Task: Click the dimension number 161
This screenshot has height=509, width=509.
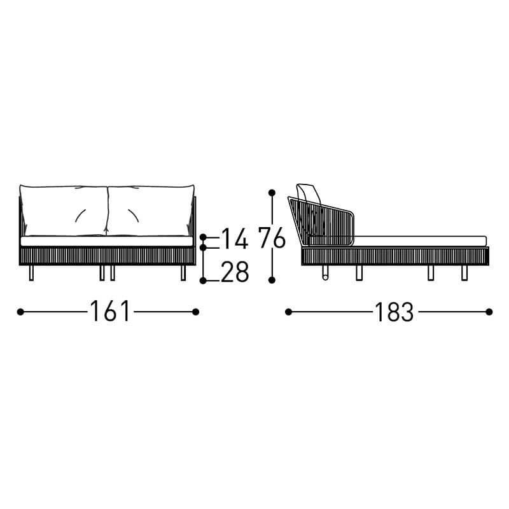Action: pos(110,311)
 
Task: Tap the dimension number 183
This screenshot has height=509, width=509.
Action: pos(394,312)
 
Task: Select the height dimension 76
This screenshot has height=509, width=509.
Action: pos(272,237)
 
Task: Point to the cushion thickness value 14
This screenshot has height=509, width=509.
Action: pos(235,239)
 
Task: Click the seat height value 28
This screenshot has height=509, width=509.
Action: pos(235,272)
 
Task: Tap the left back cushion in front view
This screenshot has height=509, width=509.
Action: pos(64,211)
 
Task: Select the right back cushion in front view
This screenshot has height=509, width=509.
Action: pos(151,211)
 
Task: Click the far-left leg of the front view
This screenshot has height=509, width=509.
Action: pos(31,273)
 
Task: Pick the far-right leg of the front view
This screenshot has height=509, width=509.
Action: pos(183,273)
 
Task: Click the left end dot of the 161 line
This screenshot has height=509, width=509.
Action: pos(20,312)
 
